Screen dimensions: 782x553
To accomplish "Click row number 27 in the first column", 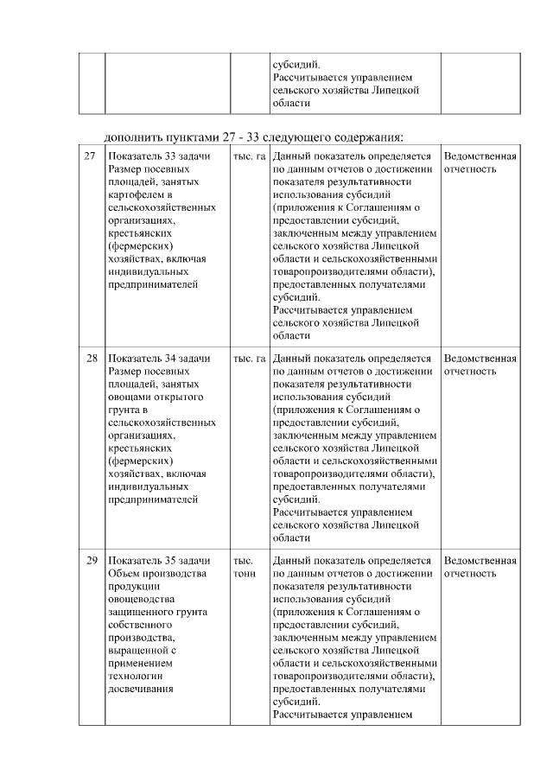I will pyautogui.click(x=90, y=156).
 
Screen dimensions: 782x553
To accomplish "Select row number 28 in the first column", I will pyautogui.click(x=91, y=358).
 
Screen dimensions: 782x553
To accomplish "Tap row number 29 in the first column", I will pyautogui.click(x=91, y=560).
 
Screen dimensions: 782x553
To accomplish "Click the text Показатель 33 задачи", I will pyautogui.click(x=160, y=156).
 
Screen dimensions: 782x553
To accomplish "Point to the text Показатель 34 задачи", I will pyautogui.click(x=160, y=358).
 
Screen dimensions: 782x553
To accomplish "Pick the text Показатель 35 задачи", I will pyautogui.click(x=160, y=560).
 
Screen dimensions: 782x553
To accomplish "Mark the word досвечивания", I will pyautogui.click(x=143, y=689).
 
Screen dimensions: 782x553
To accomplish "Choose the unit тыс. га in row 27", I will pyautogui.click(x=249, y=156).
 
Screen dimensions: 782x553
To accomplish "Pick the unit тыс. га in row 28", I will pyautogui.click(x=249, y=358).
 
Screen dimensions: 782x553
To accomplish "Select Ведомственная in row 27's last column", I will pyautogui.click(x=480, y=156).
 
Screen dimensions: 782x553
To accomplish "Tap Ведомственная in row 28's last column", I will pyautogui.click(x=480, y=358).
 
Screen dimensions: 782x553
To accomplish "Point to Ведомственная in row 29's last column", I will pyautogui.click(x=480, y=560).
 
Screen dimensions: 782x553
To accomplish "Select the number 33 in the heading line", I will pyautogui.click(x=267, y=137).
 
